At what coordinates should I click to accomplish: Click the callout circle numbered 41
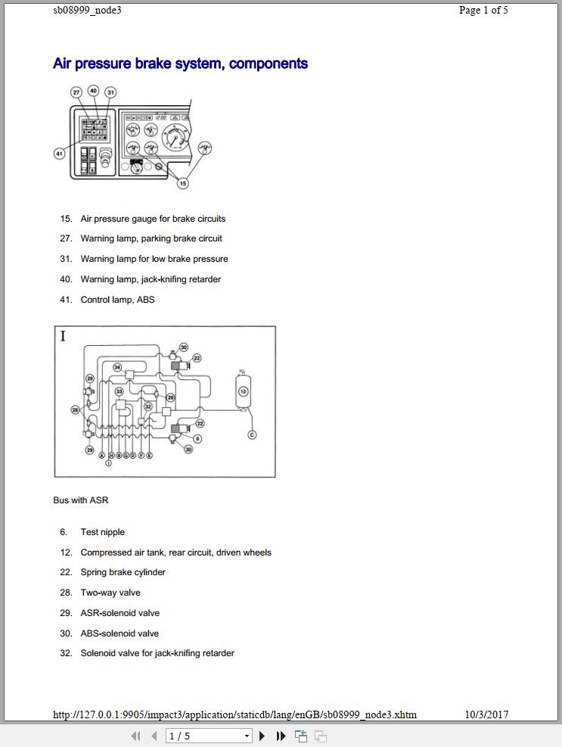pos(59,154)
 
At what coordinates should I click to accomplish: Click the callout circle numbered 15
pos(182,183)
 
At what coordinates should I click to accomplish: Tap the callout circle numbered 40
pos(93,91)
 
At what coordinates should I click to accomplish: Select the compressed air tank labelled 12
pos(243,391)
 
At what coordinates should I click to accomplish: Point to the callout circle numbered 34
pos(117,367)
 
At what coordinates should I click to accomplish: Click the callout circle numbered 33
pos(119,391)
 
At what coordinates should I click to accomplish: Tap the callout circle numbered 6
pos(197,438)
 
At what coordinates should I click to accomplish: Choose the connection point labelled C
pos(252,434)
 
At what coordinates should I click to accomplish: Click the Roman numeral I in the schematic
pos(64,336)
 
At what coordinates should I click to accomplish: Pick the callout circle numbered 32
pos(148,406)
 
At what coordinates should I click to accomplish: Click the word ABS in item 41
pos(145,300)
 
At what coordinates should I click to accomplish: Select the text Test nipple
pos(103,532)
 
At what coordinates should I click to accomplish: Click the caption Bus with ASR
pos(81,500)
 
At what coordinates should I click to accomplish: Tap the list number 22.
pos(66,572)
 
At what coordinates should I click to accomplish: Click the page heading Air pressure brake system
pos(180,64)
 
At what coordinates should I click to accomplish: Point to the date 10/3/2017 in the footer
pos(486,714)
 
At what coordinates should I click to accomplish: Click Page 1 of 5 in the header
pos(483,10)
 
